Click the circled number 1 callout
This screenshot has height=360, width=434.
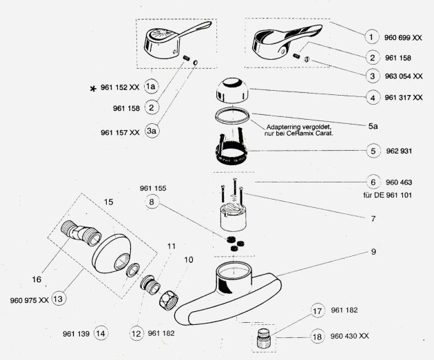tap(372, 36)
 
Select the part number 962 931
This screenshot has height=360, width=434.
tap(398, 150)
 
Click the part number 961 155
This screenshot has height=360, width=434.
tap(154, 187)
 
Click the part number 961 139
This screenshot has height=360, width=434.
tap(76, 334)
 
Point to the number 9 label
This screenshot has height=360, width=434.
tap(373, 252)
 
